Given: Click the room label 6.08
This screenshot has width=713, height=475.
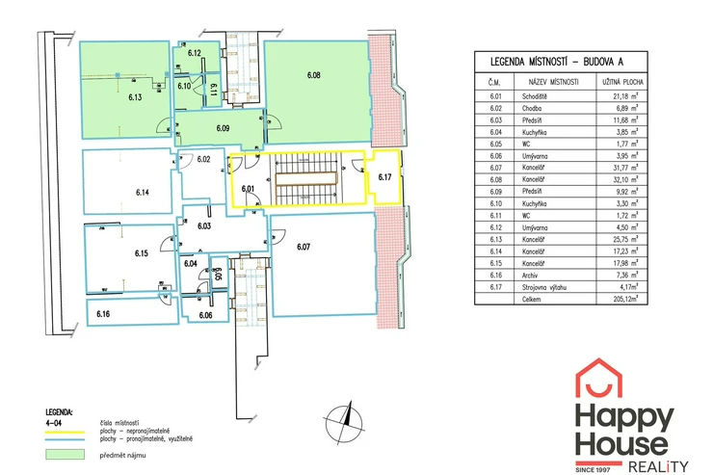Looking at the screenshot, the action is pos(314,75).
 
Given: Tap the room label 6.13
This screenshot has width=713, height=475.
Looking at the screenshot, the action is pos(135,96).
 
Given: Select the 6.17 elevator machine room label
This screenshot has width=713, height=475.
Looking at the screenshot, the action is pos(384,177).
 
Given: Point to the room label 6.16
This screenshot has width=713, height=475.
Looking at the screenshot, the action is pos(103,314).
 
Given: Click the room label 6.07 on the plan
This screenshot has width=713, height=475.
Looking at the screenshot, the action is pos(304,247).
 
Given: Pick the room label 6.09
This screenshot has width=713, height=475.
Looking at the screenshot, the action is pos(223,128).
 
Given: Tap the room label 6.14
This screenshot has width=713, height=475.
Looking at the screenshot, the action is pos(143,193).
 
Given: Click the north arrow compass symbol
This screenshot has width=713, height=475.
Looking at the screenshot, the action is pos(345,423).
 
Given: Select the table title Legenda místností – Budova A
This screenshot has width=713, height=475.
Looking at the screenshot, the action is pos(557,62).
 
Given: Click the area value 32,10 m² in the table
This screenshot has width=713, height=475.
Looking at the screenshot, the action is pos(625,179).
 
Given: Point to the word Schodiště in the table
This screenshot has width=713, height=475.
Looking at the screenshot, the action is pos(535,96).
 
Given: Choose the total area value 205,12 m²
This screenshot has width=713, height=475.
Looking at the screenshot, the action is pos(625,299).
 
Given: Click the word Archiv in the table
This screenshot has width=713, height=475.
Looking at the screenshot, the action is pos(530,275).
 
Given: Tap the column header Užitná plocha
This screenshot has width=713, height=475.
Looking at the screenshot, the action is pos(622,82).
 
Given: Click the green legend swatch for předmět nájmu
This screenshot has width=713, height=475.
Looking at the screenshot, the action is pos(65,454).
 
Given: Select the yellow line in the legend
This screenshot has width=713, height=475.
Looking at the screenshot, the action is pos(65,433).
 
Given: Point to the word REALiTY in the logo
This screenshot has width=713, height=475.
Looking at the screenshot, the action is pos(658,466).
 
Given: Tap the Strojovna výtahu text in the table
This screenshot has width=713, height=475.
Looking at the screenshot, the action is pos(543,287).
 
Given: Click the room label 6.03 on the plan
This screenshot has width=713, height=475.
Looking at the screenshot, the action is pos(204,225).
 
